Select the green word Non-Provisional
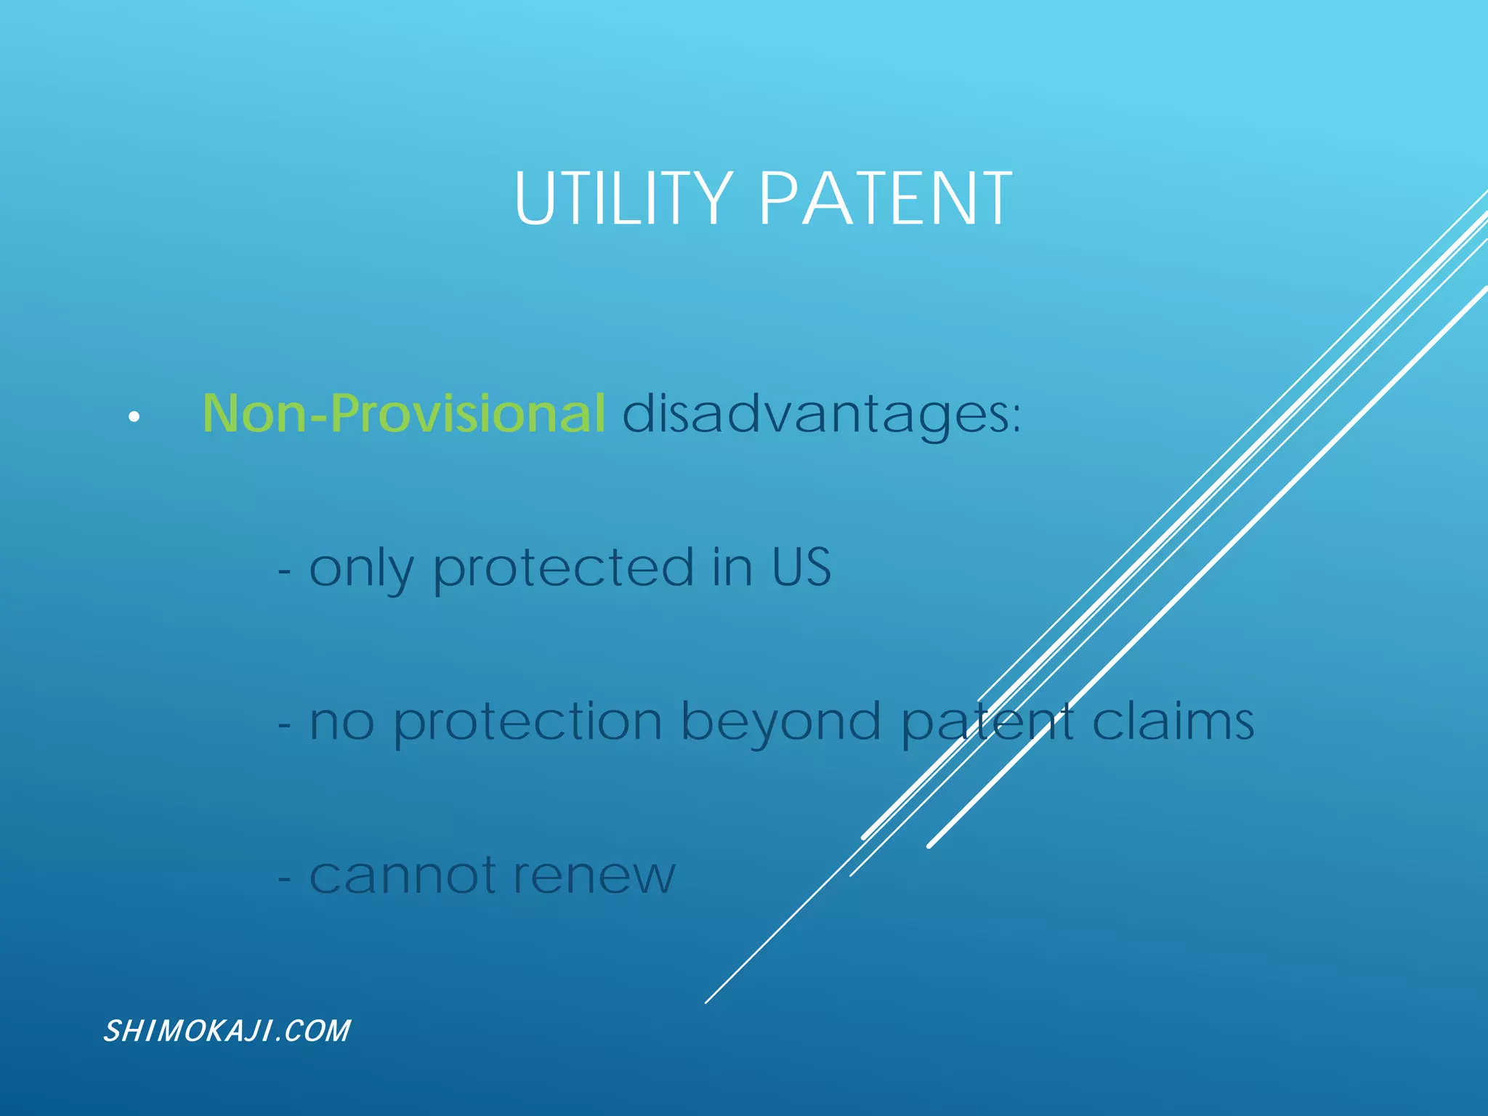[403, 413]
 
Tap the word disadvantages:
[821, 415]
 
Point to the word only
[361, 570]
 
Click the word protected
[563, 568]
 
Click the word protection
[527, 723]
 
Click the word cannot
[403, 876]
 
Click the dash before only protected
[284, 572]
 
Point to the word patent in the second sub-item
[987, 723]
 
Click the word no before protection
[341, 724]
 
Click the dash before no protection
[284, 725]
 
